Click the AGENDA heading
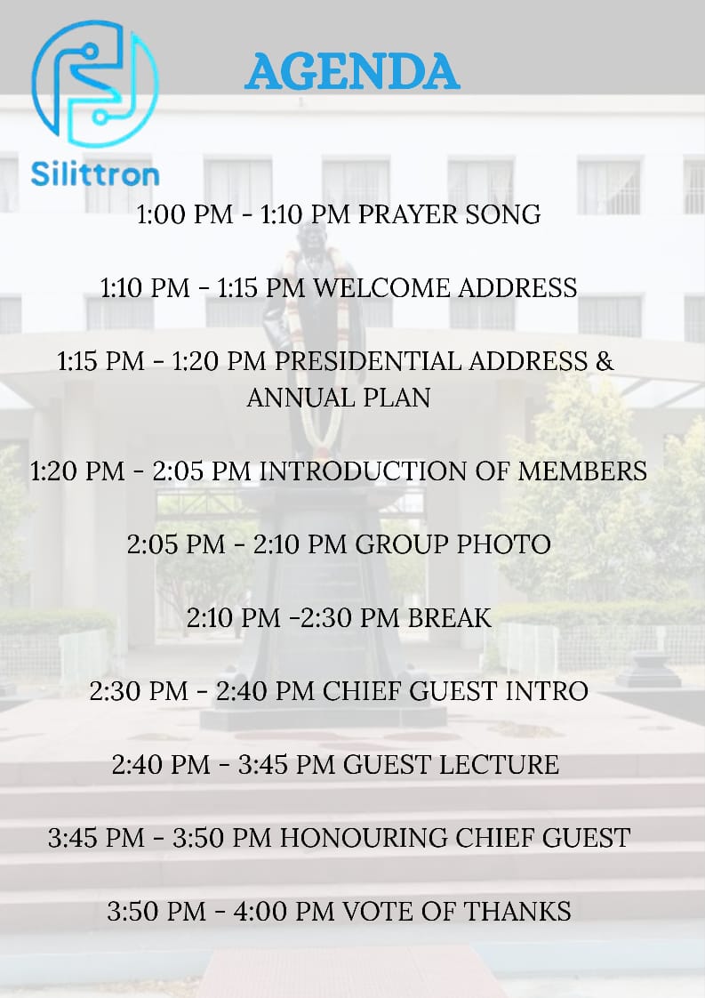click(x=352, y=71)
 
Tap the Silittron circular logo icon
click(x=95, y=84)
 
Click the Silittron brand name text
click(x=95, y=173)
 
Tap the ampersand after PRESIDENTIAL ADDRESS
click(x=605, y=361)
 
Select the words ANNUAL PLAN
click(x=339, y=398)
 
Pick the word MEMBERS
click(x=582, y=471)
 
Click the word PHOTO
click(x=504, y=544)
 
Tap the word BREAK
click(x=450, y=618)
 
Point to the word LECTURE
click(x=499, y=764)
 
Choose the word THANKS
click(x=517, y=911)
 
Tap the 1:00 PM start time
click(x=185, y=214)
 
